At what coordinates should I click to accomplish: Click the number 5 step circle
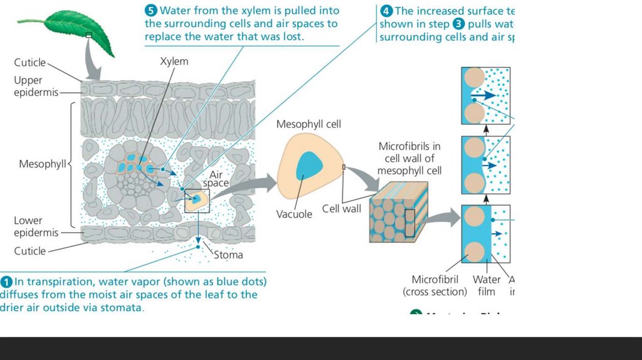pyautogui.click(x=151, y=10)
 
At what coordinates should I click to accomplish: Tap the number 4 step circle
pyautogui.click(x=386, y=11)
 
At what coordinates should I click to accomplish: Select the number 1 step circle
pyautogui.click(x=7, y=281)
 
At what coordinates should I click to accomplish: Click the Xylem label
pyautogui.click(x=174, y=61)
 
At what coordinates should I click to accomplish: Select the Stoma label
pyautogui.click(x=228, y=255)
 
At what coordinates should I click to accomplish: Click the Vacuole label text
pyautogui.click(x=294, y=214)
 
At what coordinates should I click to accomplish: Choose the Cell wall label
pyautogui.click(x=342, y=209)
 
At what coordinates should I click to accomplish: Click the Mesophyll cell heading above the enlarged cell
pyautogui.click(x=308, y=124)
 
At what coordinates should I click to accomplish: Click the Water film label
pyautogui.click(x=487, y=285)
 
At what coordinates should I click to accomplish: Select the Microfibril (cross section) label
pyautogui.click(x=435, y=285)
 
